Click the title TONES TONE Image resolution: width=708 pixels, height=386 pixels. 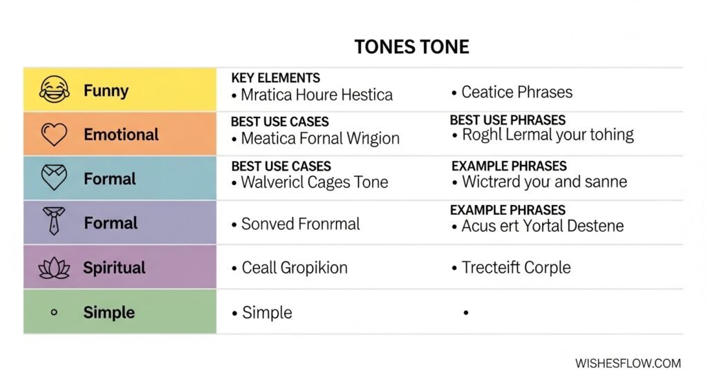coord(411,47)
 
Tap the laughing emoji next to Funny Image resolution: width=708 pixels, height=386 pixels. coord(54,90)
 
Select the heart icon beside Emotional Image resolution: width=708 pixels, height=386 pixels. coord(54,134)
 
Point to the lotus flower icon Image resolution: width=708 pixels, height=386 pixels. coord(54,268)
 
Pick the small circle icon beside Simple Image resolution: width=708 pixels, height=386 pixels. coord(54,312)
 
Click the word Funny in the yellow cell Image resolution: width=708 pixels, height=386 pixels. coord(106,90)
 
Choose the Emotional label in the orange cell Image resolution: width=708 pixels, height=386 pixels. coord(121,134)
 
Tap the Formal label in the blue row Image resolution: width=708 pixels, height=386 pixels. coord(110,179)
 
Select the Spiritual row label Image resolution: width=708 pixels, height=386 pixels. coord(114,268)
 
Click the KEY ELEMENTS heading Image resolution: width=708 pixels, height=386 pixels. coord(275,78)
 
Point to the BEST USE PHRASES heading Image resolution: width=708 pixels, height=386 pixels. coord(507,120)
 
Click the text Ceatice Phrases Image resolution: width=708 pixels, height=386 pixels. coord(516,92)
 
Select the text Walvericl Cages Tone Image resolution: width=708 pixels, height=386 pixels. coord(315,183)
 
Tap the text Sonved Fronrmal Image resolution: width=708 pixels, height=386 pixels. coord(301,224)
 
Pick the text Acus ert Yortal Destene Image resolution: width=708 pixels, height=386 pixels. coord(542,226)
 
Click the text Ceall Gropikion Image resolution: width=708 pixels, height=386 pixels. coord(295,268)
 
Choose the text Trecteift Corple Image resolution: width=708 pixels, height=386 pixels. coord(516,268)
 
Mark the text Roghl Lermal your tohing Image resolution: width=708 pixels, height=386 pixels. coord(547,135)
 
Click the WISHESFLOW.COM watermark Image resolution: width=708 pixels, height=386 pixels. coord(628,363)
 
